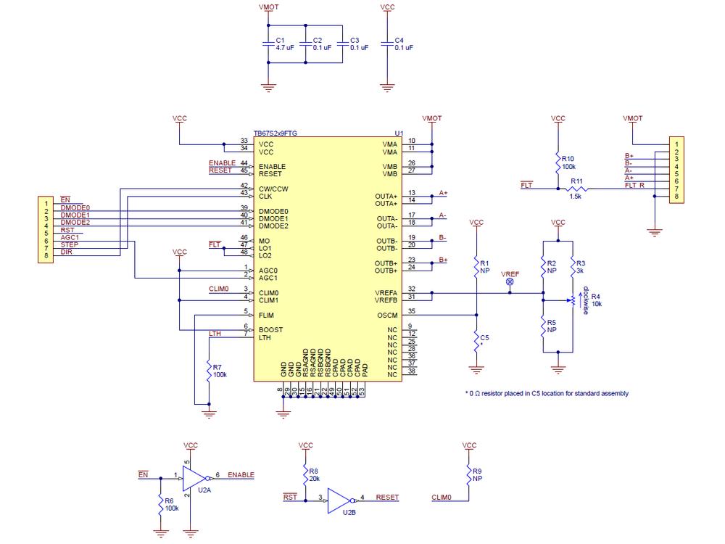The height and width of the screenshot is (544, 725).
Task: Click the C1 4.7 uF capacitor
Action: point(269,45)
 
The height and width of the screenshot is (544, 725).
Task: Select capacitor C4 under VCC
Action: point(388,45)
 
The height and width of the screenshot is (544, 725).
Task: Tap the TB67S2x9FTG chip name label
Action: point(275,133)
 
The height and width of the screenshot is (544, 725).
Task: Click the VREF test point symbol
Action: point(510,281)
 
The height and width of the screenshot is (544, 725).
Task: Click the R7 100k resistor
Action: point(209,372)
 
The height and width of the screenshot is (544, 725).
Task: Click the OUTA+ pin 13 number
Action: point(411,194)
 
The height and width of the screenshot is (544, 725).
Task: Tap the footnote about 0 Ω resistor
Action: point(547,393)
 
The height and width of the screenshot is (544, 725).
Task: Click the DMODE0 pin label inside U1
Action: point(273,211)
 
